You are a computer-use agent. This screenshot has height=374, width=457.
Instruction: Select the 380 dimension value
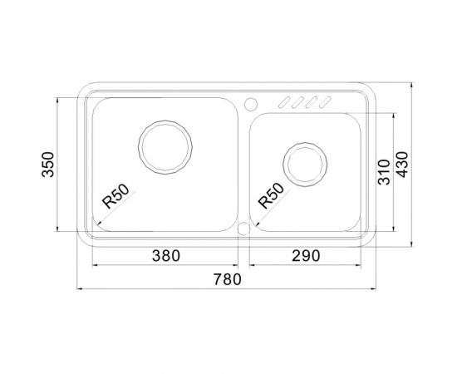(165, 256)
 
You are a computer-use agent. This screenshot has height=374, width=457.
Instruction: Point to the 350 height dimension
(48, 165)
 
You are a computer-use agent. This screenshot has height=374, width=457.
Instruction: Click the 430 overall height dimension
(405, 165)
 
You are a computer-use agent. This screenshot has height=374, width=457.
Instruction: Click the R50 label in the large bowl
(114, 199)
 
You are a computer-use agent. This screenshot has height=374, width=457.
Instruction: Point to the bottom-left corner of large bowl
(96, 226)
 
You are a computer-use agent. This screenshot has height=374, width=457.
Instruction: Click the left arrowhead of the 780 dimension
(80, 289)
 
